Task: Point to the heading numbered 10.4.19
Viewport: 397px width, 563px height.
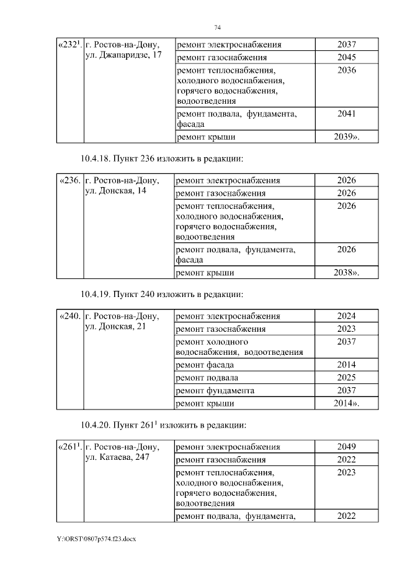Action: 164,293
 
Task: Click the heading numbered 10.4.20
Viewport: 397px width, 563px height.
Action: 164,426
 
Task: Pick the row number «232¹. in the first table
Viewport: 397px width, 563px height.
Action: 69,45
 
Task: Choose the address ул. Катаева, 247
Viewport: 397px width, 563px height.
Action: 116,458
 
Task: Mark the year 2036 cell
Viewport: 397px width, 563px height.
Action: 346,70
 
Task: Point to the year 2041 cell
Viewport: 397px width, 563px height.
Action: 346,114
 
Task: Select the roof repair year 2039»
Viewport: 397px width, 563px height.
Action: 347,137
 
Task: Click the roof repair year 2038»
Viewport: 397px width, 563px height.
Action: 347,272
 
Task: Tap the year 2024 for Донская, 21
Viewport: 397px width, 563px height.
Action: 346,316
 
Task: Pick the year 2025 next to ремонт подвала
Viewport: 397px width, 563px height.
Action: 346,377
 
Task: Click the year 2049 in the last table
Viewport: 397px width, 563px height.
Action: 346,447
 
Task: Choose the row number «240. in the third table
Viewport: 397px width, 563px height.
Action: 69,316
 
